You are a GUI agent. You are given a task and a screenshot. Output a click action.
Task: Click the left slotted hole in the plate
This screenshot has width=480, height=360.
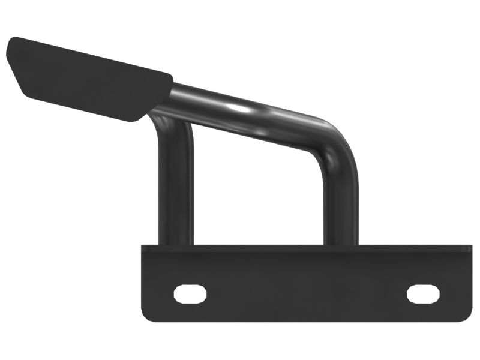(x=190, y=293)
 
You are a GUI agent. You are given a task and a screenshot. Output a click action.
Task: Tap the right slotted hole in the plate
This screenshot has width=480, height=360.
(x=423, y=293)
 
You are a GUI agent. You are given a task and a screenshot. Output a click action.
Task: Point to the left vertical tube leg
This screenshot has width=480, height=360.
(x=176, y=186)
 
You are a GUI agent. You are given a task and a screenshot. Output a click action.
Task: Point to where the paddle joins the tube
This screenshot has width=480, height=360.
(x=165, y=96)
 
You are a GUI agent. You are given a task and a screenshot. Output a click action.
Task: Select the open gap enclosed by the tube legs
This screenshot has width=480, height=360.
(x=258, y=192)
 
